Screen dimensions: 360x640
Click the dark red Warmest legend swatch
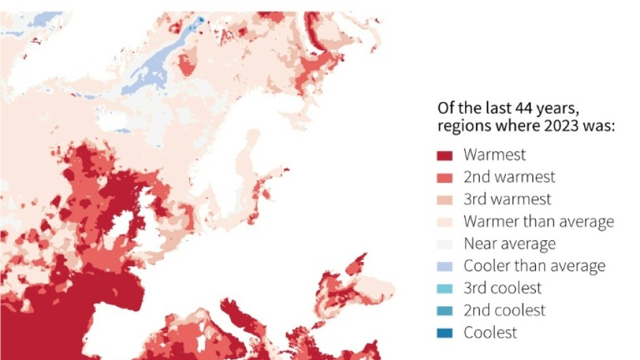(x=445, y=155)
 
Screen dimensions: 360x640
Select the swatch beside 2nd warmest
(x=445, y=178)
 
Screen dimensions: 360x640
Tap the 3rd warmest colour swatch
(x=445, y=200)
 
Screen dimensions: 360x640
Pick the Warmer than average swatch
(x=445, y=223)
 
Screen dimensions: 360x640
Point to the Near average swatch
(x=445, y=244)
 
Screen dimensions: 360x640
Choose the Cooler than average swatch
(x=445, y=267)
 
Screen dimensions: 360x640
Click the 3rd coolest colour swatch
(x=445, y=289)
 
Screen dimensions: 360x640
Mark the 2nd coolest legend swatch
(x=445, y=311)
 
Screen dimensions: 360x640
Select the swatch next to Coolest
(x=445, y=333)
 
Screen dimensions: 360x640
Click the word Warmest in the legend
(x=494, y=154)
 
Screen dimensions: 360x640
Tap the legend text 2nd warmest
(x=509, y=177)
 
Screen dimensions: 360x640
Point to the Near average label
(x=509, y=244)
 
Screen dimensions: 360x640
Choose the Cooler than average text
(x=534, y=266)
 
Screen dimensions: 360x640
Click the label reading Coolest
(x=490, y=333)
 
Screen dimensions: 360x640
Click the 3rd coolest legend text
(x=502, y=288)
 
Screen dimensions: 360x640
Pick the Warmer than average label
(x=539, y=222)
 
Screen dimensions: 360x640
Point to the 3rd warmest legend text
(x=507, y=199)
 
